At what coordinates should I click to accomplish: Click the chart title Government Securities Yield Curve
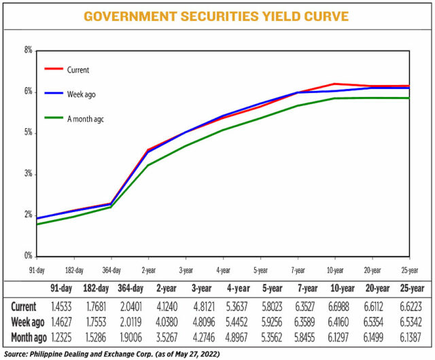(217, 16)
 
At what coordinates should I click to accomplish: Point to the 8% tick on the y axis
(28, 50)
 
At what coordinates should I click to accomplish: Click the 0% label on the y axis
(28, 257)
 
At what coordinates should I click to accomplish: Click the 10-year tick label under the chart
(334, 269)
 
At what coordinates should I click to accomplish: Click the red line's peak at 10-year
(334, 84)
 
